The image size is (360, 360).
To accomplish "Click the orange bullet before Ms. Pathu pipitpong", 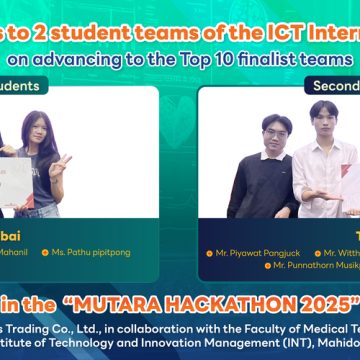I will coord(75,254).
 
